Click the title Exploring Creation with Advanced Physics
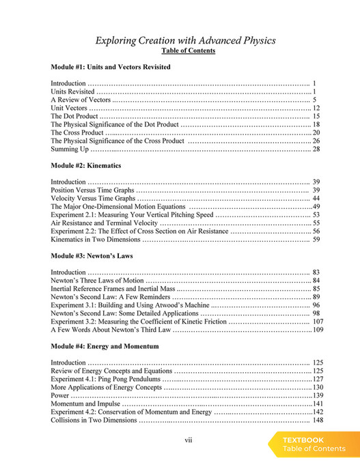(185, 40)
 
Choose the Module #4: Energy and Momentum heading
(105, 346)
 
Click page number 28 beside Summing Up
(316, 149)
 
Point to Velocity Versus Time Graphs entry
(94, 198)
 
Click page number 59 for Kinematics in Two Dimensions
(316, 240)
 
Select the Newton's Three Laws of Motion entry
(97, 281)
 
